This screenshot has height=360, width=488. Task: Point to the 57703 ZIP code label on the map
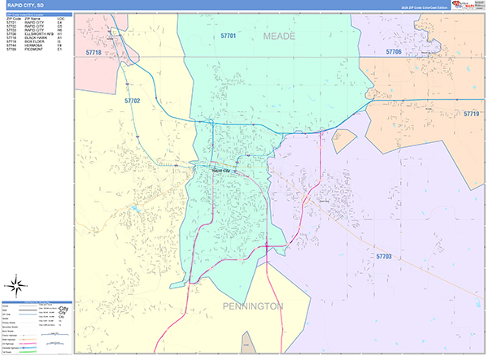tap(384, 256)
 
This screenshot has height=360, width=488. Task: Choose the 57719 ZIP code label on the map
tap(471, 115)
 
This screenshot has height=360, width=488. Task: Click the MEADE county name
tap(279, 37)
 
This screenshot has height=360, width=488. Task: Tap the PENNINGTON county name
tap(253, 306)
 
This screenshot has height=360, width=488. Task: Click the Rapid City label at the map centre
tap(220, 171)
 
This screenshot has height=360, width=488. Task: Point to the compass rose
tap(16, 285)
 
